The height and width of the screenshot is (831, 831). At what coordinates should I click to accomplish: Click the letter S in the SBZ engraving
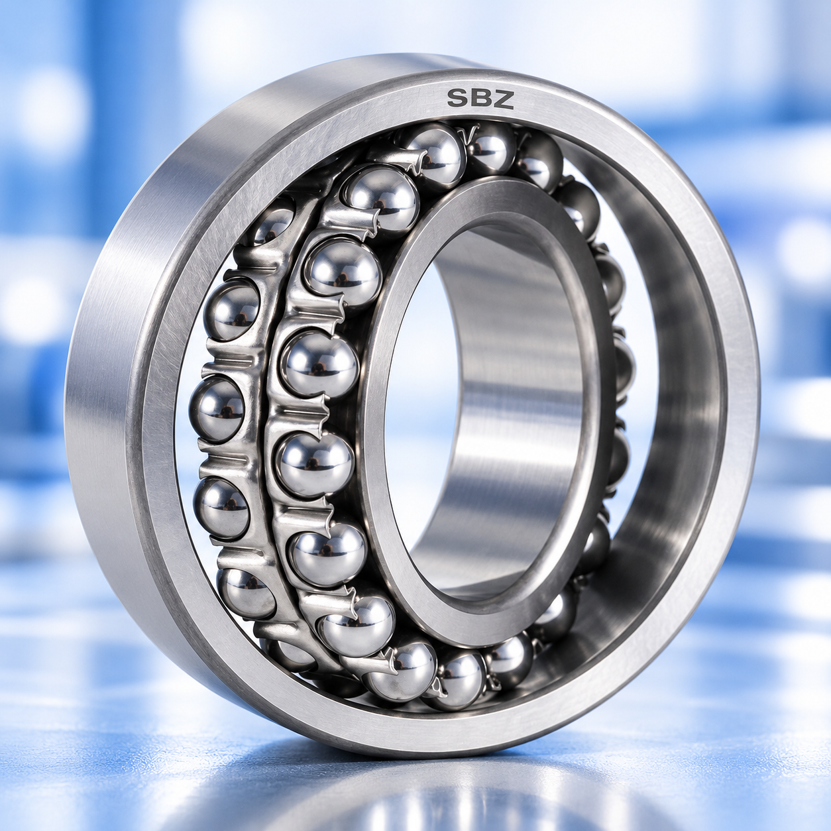pos(457,99)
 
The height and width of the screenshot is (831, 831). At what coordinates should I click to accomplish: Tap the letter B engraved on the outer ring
pos(480,99)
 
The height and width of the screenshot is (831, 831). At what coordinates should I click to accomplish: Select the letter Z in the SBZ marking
pos(503,99)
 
